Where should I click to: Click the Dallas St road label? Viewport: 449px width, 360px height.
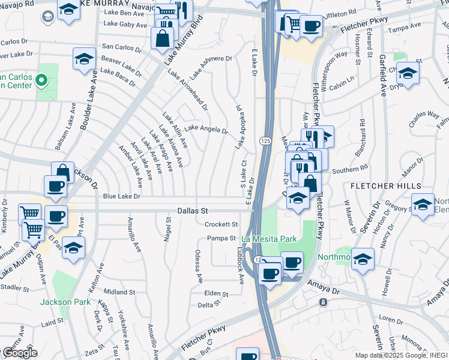tap(192, 211)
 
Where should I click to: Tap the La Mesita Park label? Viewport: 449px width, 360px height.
tap(270, 239)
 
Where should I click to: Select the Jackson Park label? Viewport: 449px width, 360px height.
tap(65, 302)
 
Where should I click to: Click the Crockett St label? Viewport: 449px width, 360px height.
tap(221, 224)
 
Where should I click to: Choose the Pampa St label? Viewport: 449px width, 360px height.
tap(221, 238)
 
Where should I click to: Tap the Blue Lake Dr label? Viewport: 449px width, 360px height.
tap(121, 196)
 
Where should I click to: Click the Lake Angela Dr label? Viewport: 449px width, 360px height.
tap(206, 129)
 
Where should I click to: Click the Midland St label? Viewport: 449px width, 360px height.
tap(123, 292)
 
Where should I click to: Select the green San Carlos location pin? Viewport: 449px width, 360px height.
tap(41, 79)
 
